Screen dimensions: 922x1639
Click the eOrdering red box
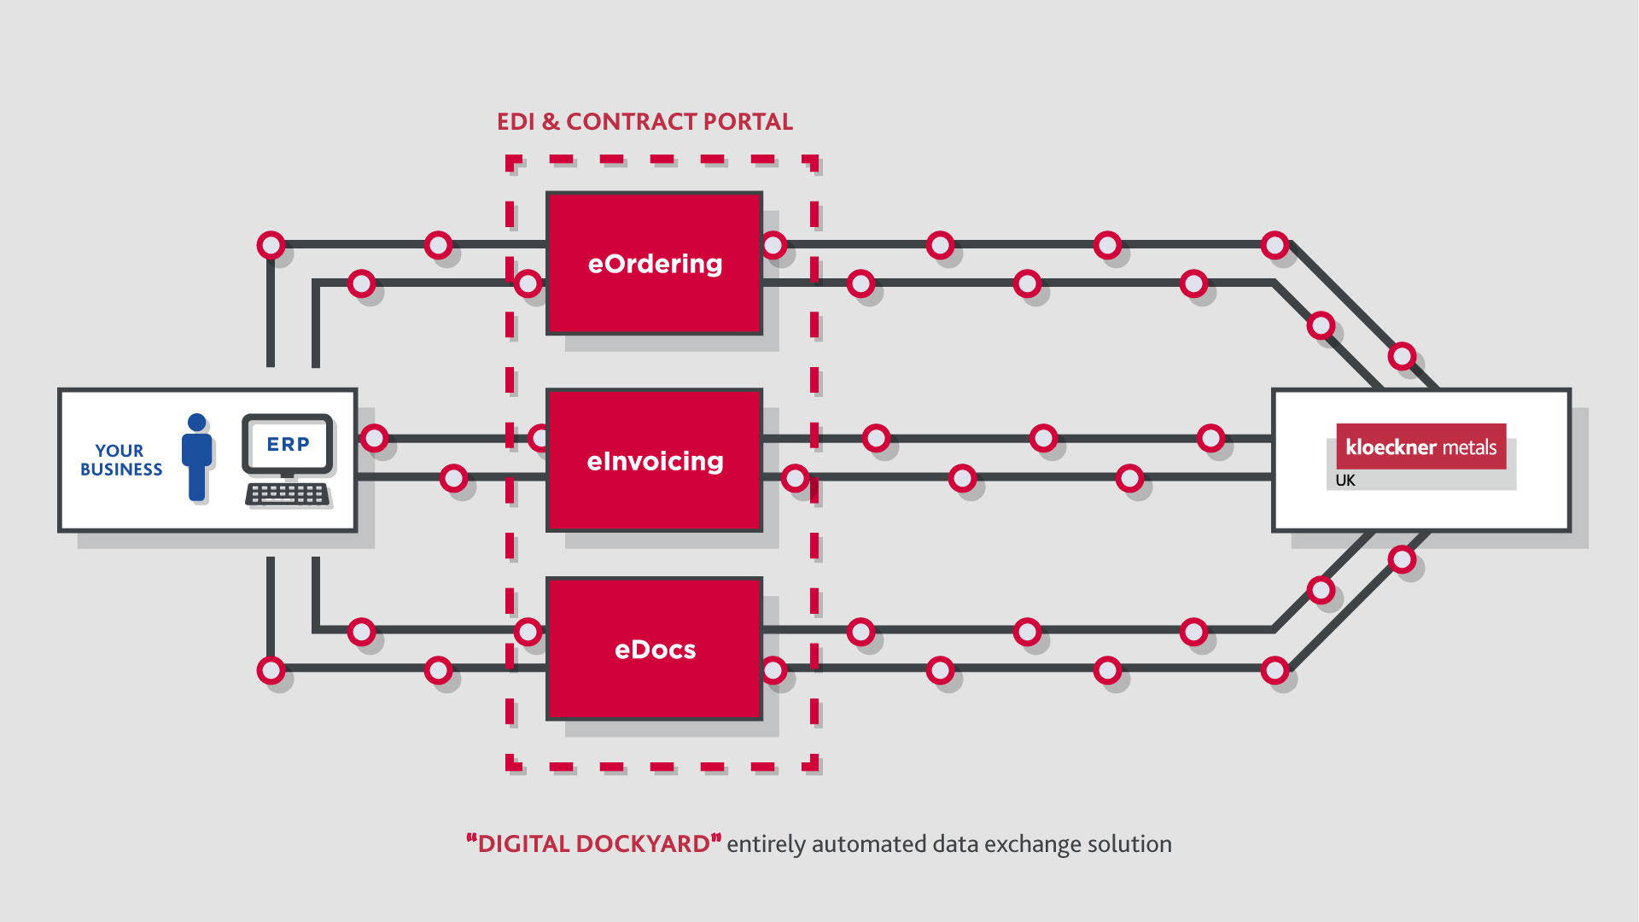point(654,263)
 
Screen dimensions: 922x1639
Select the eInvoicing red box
point(654,461)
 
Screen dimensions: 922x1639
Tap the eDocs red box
point(654,649)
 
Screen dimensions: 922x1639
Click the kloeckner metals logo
point(1420,446)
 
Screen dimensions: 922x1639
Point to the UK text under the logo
point(1344,481)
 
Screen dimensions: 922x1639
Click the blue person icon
point(196,458)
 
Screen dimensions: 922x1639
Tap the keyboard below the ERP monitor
point(288,494)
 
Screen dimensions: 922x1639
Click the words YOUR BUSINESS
point(120,459)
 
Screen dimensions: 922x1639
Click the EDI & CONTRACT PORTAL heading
point(645,122)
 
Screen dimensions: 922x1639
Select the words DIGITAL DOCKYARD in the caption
point(594,844)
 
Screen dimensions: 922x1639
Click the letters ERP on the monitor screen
point(288,444)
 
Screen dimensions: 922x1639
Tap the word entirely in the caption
point(766,844)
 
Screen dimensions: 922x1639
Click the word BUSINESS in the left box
point(121,470)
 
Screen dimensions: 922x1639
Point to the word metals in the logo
point(1469,447)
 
